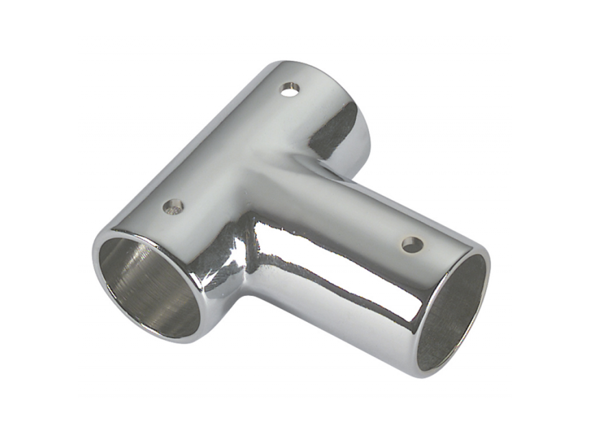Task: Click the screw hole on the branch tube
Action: click(x=412, y=244)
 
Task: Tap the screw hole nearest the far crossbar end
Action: click(x=289, y=90)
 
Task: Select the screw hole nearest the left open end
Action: click(x=174, y=206)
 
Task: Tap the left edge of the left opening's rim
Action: click(x=95, y=261)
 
